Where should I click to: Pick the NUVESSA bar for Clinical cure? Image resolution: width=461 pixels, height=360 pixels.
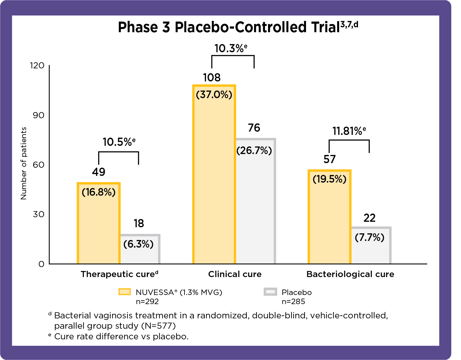tap(214, 182)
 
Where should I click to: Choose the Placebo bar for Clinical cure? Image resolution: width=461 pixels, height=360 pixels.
tap(256, 207)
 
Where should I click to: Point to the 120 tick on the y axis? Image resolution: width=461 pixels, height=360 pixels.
tap(37, 65)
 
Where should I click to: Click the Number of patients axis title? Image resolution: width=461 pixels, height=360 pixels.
tap(24, 163)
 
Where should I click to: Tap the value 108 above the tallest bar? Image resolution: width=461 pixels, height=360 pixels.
tap(212, 78)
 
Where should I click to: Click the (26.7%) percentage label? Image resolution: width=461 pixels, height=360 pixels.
tap(254, 150)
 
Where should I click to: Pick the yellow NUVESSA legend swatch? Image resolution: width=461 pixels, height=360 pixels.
tap(125, 292)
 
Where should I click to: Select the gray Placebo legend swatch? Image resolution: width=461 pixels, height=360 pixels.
tap(270, 292)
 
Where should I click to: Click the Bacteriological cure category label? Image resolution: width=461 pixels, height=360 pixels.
tap(350, 274)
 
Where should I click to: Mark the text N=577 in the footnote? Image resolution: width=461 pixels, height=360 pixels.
tap(158, 326)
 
